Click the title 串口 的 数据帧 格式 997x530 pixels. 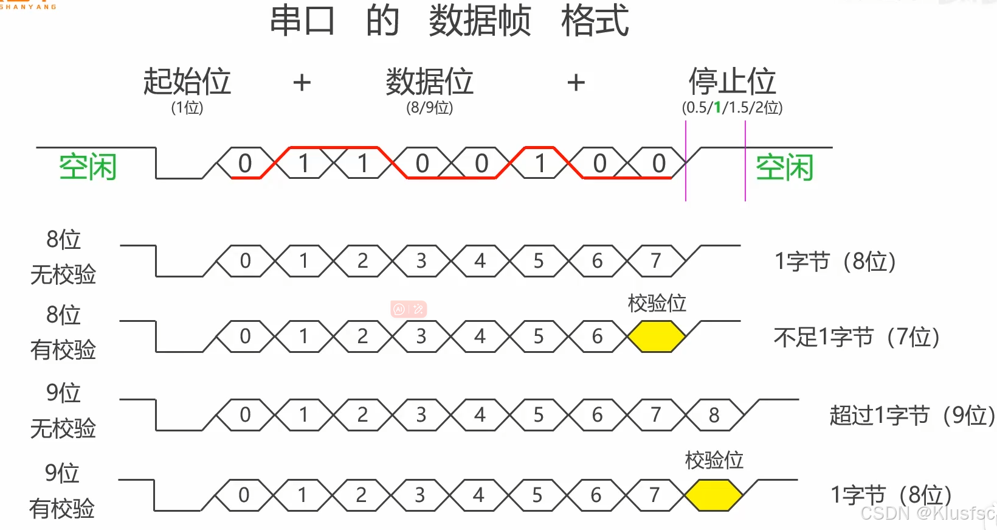(449, 21)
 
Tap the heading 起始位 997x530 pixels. (187, 82)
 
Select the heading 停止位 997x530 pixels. (732, 82)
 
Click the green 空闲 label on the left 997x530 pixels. (88, 167)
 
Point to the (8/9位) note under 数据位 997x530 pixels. (430, 108)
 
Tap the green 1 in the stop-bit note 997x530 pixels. (717, 108)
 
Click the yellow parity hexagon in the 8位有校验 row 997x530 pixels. (656, 336)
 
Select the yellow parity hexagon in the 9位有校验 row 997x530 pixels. (713, 495)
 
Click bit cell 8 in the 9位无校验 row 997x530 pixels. (714, 415)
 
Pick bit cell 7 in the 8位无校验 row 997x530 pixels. (656, 261)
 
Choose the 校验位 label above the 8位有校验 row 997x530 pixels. (657, 303)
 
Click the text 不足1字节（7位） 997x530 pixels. (857, 336)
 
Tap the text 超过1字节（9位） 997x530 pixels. (912, 416)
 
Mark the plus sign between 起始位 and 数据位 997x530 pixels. (302, 83)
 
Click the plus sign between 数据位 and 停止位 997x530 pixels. (576, 83)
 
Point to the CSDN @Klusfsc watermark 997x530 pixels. (927, 514)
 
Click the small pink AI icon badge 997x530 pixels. (409, 309)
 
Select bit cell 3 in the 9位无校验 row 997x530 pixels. (421, 415)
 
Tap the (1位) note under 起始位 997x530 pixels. (187, 108)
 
